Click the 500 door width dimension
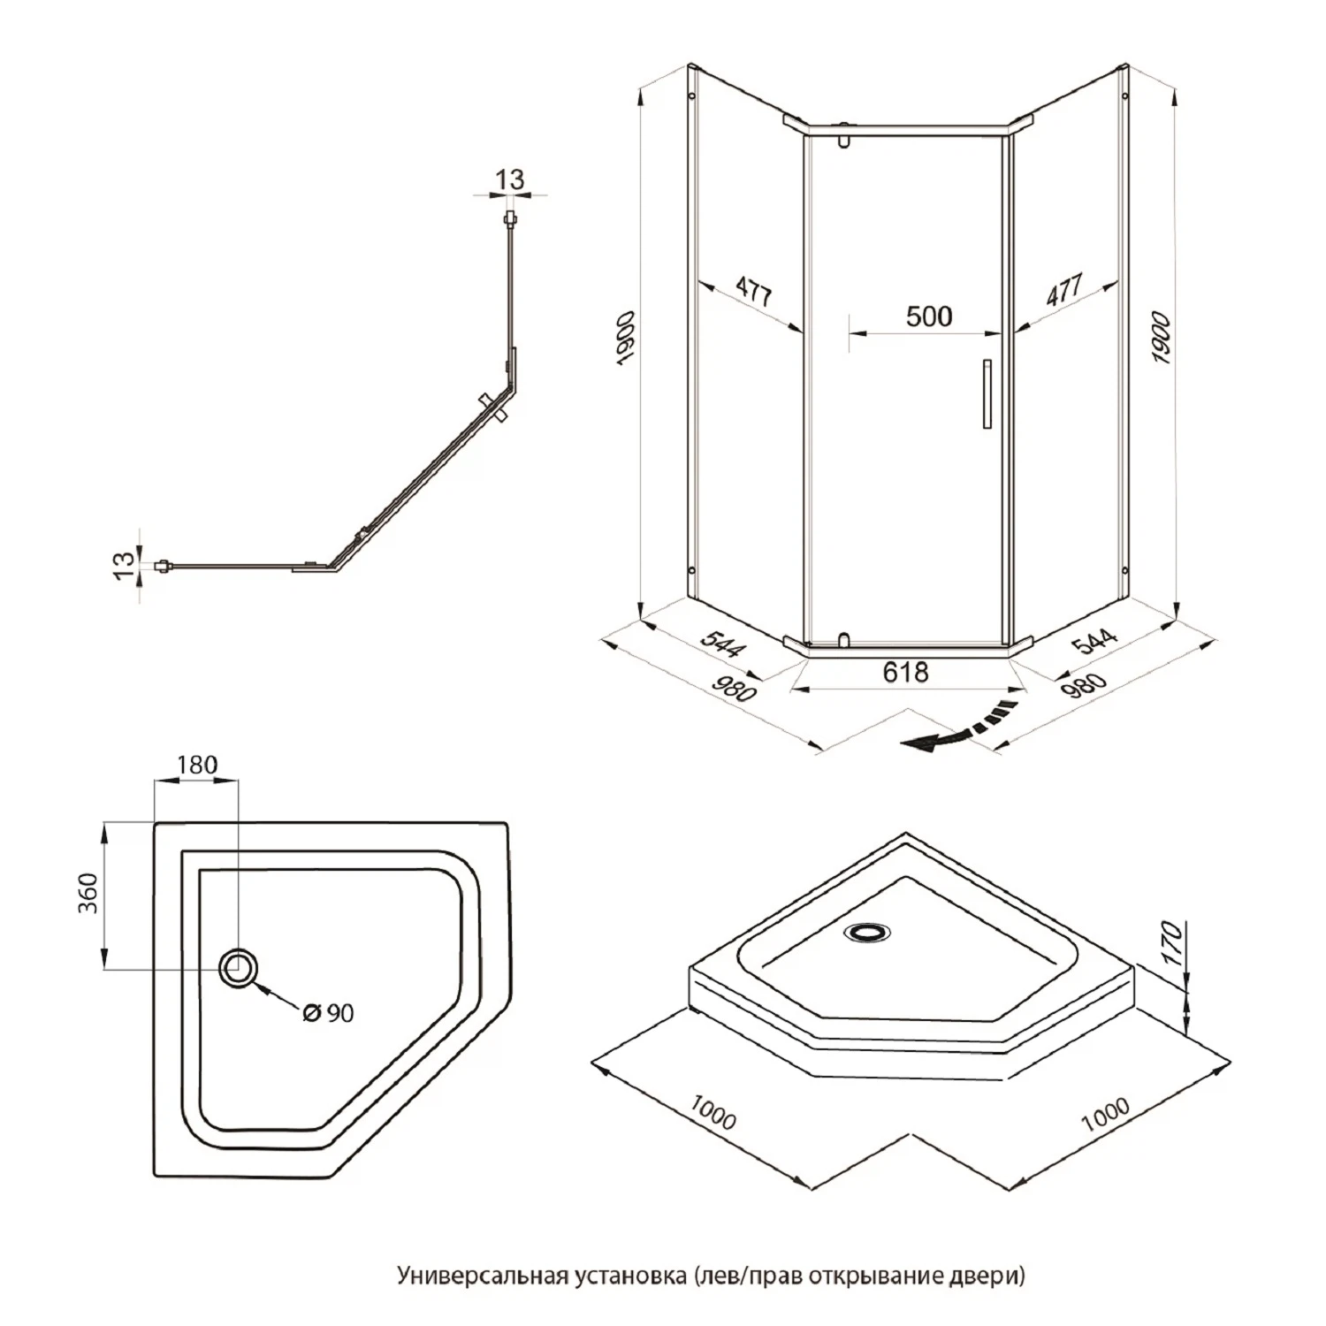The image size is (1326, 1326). click(929, 316)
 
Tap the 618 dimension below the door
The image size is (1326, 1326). click(906, 673)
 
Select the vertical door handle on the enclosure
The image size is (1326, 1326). click(987, 394)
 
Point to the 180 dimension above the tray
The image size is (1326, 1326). click(196, 765)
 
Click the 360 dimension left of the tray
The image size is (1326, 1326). click(89, 893)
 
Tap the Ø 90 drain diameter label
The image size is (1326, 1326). click(328, 1013)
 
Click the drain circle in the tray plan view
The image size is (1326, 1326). click(238, 968)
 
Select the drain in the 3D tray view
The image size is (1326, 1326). click(867, 932)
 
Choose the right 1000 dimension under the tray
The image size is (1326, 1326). click(1105, 1115)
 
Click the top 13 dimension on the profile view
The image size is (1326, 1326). click(509, 179)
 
